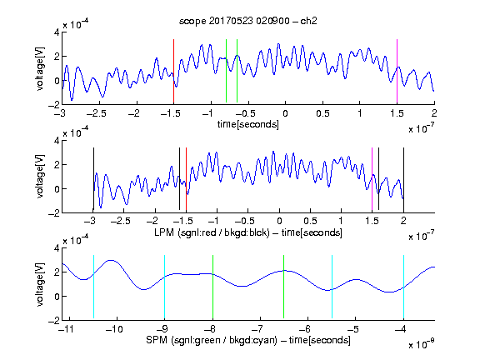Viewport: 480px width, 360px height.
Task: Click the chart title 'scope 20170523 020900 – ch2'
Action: pyautogui.click(x=248, y=21)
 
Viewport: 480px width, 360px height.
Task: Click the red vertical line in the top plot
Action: pyautogui.click(x=173, y=71)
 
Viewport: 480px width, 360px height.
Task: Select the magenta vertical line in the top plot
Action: pyautogui.click(x=397, y=71)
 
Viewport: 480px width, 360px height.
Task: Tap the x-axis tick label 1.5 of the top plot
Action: pyautogui.click(x=397, y=113)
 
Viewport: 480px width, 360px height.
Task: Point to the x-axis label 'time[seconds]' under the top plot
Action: pyautogui.click(x=248, y=124)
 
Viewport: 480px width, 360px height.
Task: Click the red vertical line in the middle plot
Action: pyautogui.click(x=186, y=179)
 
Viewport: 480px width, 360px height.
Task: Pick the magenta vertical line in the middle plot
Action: pyautogui.click(x=372, y=179)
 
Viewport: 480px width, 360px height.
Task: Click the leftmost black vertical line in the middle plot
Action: pyautogui.click(x=93, y=179)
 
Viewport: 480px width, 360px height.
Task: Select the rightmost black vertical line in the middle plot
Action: pyautogui.click(x=403, y=179)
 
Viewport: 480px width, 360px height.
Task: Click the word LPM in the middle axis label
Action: pyautogui.click(x=164, y=232)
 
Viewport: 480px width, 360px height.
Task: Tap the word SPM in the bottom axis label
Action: pyautogui.click(x=157, y=340)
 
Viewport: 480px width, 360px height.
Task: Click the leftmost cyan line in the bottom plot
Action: pyautogui.click(x=93, y=287)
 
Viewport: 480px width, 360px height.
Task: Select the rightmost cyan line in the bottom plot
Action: pyautogui.click(x=403, y=287)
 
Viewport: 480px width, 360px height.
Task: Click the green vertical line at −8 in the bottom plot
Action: pyautogui.click(x=212, y=287)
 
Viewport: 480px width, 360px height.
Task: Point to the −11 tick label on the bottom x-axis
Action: pyautogui.click(x=66, y=329)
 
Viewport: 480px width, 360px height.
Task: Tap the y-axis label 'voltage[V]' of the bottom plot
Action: pyautogui.click(x=40, y=284)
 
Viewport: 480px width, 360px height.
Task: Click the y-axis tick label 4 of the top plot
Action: pyautogui.click(x=57, y=32)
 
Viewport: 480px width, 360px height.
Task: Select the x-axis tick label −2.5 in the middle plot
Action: pyautogui.click(x=121, y=221)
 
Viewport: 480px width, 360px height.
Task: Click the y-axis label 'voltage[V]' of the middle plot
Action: pyautogui.click(x=40, y=177)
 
